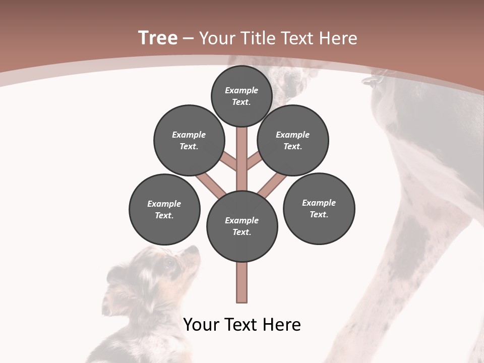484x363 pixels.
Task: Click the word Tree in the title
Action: (x=158, y=38)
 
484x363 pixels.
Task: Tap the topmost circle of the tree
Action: (x=241, y=96)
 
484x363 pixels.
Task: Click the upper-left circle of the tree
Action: (x=189, y=140)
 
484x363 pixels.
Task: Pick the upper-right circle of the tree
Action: (x=292, y=140)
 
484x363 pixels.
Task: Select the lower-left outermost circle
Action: (x=164, y=209)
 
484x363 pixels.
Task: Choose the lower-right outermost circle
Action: (x=319, y=208)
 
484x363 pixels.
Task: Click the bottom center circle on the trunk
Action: (x=242, y=226)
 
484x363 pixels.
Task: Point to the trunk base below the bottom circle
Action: (x=242, y=282)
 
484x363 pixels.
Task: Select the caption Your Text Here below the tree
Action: (x=242, y=324)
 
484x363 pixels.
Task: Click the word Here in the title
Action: (x=340, y=38)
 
